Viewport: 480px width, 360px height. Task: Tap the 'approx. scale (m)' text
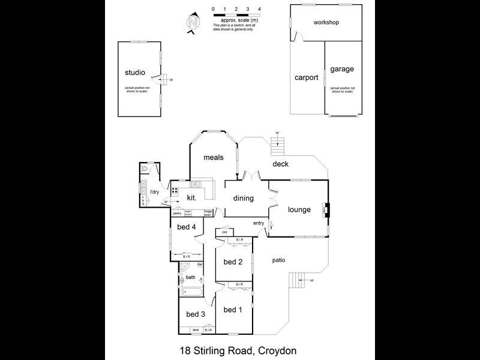tap(235, 20)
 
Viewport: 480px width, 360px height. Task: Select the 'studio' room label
tap(134, 73)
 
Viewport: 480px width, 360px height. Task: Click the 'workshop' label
tap(327, 23)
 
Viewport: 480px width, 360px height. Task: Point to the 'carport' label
tap(306, 77)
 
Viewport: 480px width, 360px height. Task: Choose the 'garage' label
tap(342, 69)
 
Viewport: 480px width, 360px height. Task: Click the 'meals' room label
tap(213, 158)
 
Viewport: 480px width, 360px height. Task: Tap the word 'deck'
tap(281, 164)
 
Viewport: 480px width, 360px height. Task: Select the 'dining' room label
tap(244, 199)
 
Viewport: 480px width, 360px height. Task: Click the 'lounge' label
tap(299, 210)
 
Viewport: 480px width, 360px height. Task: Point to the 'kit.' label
tap(193, 197)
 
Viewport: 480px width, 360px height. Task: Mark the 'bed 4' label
tap(187, 227)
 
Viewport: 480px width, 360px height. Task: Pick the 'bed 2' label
tap(233, 262)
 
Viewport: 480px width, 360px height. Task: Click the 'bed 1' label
tap(233, 310)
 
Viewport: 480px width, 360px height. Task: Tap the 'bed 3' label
tap(196, 314)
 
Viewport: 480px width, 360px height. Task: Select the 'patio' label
tap(277, 260)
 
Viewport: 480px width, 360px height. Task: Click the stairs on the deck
tap(277, 145)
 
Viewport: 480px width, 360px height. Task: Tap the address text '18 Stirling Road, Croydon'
tap(239, 350)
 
